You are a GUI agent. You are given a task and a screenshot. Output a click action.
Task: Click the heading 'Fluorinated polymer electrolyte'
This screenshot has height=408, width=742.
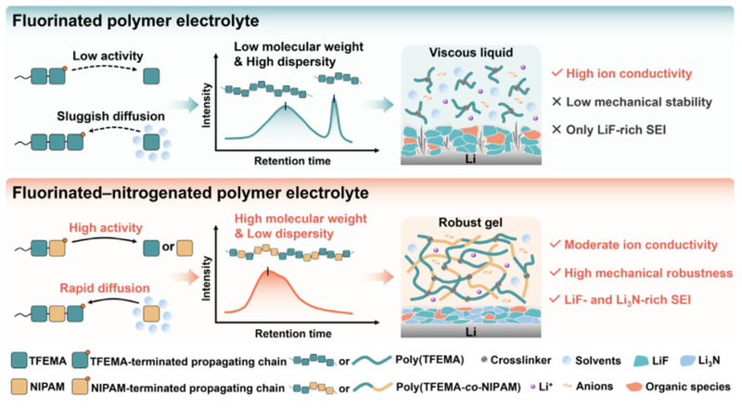coord(135,20)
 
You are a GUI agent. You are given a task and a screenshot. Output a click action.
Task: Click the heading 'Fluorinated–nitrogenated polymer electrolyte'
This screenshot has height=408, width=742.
coord(190,193)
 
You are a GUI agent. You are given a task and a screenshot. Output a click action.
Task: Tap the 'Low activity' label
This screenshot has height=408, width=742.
coord(108,56)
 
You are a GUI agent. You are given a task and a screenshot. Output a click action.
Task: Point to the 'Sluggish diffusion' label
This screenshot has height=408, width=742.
coord(110,117)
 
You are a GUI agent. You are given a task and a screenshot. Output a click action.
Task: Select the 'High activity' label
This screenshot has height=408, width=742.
coord(106,228)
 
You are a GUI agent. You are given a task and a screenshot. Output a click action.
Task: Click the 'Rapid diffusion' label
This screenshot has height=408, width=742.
coord(105,288)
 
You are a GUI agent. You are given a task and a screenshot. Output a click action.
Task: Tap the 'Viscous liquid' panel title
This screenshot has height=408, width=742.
coord(471,53)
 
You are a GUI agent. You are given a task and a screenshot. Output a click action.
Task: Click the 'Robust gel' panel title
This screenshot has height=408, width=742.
coord(470,223)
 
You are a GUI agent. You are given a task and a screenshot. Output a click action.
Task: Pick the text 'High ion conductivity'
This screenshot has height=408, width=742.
coord(629,74)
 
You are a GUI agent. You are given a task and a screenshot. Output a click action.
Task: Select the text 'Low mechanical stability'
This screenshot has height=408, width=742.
coord(639,102)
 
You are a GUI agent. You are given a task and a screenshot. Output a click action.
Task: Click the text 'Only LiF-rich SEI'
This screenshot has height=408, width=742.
coord(616,130)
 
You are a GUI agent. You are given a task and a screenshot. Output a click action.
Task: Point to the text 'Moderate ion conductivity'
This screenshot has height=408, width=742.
coord(641,245)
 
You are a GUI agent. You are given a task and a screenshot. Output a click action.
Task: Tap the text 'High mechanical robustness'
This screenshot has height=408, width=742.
coord(648,274)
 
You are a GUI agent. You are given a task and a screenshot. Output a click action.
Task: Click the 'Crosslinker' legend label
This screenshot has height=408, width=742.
coord(520,360)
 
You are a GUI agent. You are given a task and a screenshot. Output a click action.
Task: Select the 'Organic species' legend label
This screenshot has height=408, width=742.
coord(687,387)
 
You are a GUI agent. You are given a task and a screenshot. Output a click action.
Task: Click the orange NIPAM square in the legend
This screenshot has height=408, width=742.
coord(19,387)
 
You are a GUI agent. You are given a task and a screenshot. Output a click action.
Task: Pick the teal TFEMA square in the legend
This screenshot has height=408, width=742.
coord(19,361)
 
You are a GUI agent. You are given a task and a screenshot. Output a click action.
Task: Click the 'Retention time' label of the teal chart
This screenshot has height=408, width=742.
coord(292,161)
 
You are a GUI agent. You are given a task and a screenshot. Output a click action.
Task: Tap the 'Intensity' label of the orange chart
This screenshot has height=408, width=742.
coord(206,278)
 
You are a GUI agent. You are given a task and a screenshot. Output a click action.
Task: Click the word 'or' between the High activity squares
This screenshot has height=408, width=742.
coord(168,247)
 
